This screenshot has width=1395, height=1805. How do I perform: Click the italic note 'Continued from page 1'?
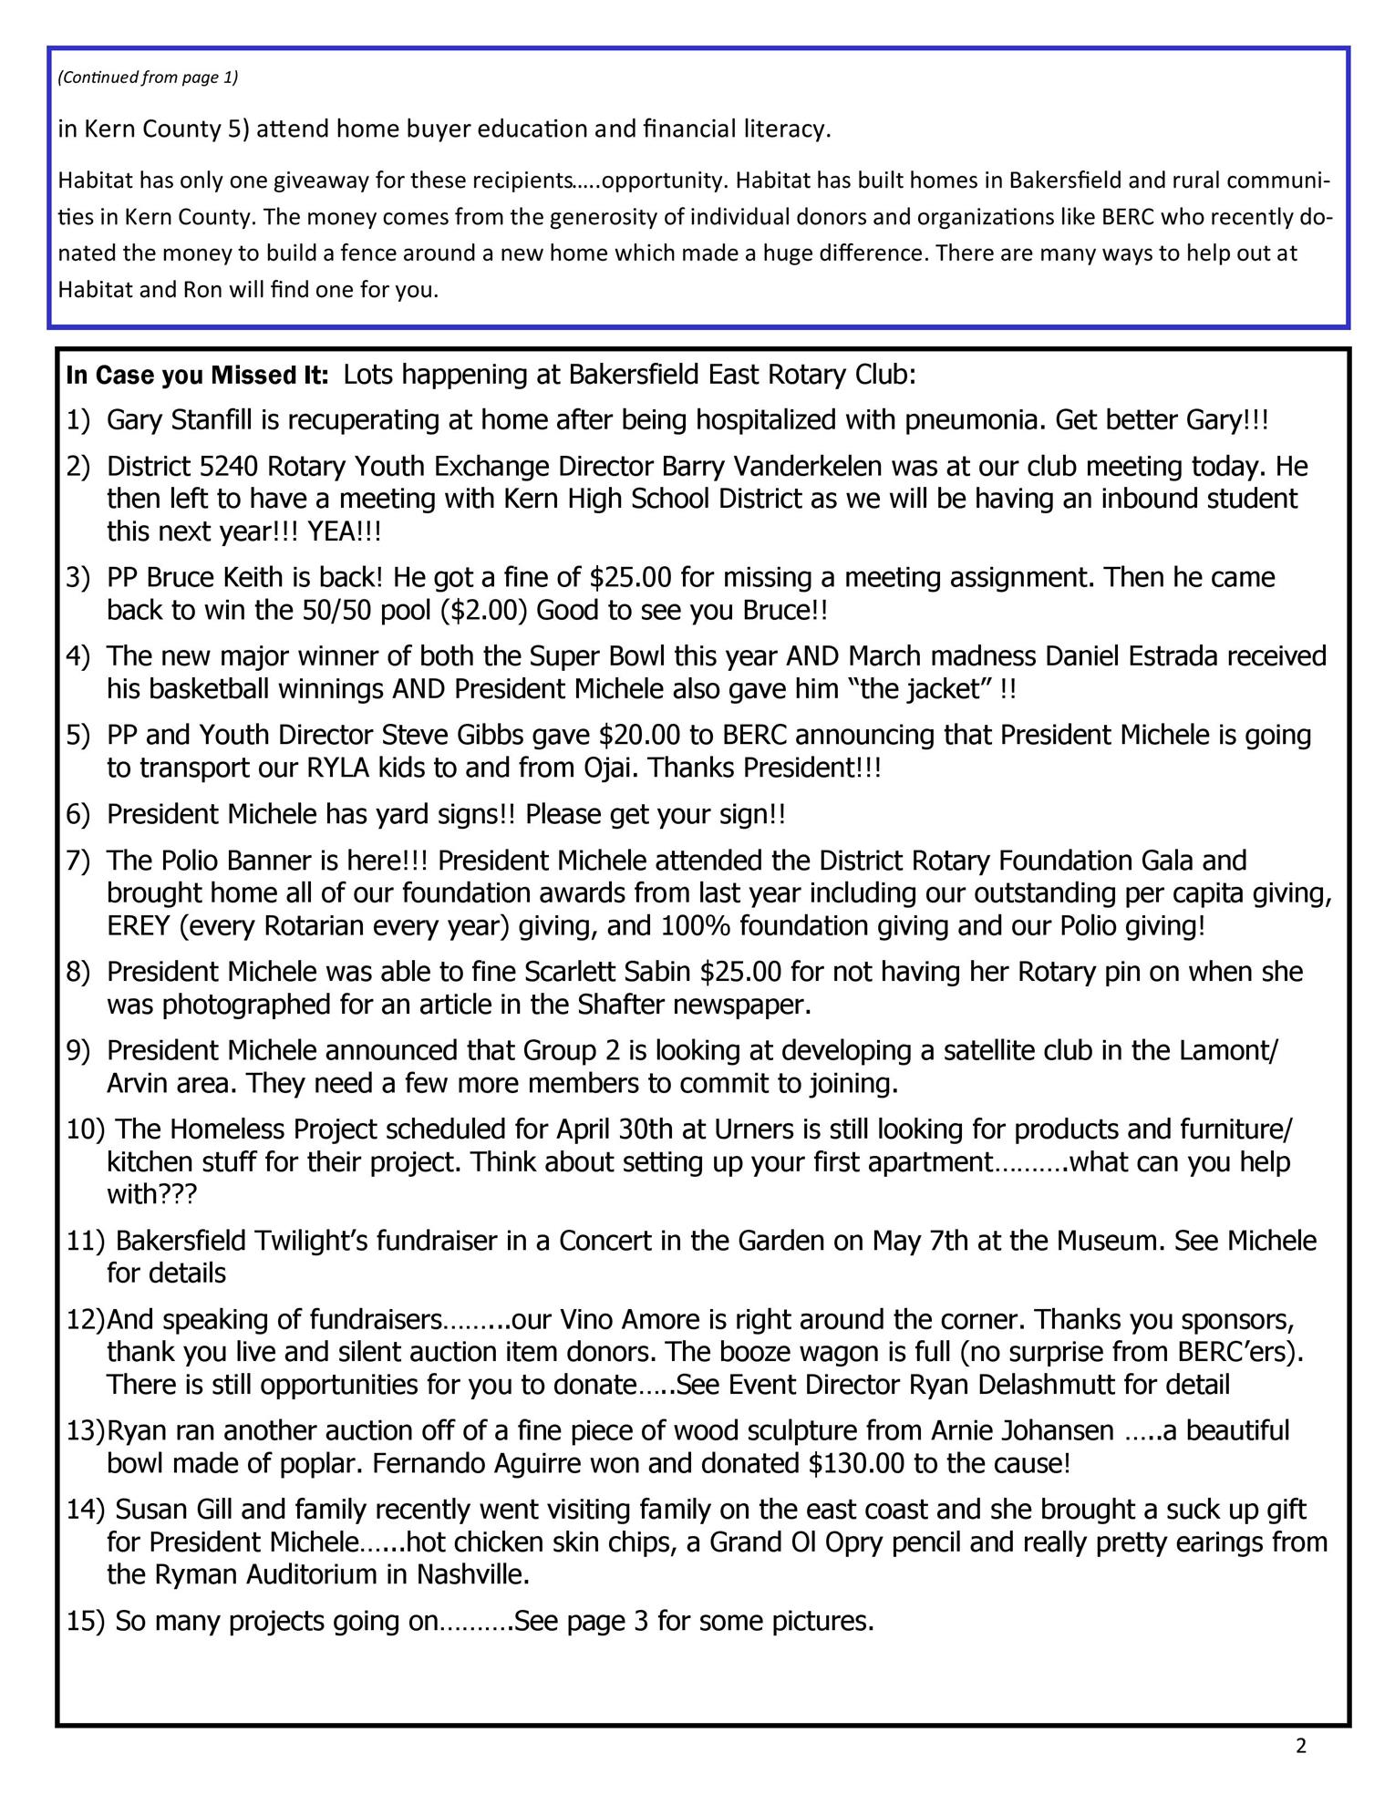pos(148,77)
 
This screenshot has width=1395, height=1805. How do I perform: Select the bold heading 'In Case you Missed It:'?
pos(197,376)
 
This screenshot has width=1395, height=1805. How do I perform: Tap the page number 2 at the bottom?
pos(1300,1745)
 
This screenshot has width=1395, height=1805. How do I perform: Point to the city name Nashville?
pos(472,1574)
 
